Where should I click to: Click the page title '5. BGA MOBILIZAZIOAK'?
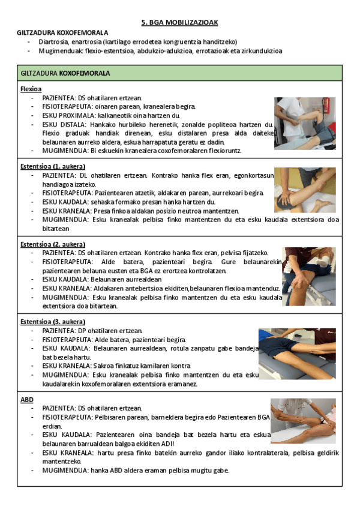tap(179, 22)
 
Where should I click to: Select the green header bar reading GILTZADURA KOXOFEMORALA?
tap(179, 73)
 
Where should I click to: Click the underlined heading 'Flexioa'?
tap(31, 89)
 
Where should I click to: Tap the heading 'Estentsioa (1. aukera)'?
tap(53, 166)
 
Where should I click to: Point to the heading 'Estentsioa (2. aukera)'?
tap(53, 244)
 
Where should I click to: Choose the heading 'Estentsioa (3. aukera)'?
tap(53, 322)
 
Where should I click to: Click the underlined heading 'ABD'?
tap(27, 399)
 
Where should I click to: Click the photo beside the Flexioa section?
tap(305, 123)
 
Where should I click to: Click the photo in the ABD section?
tap(303, 421)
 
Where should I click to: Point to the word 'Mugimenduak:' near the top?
tap(58, 50)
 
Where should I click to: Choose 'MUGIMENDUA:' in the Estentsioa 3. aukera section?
tap(62, 375)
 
